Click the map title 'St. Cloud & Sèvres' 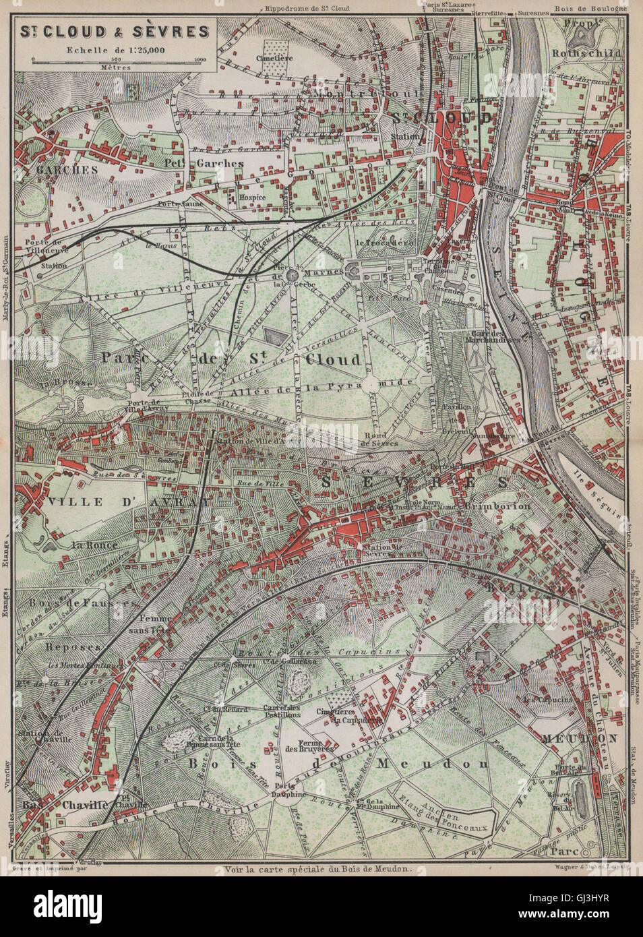click(114, 30)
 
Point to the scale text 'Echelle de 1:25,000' click(114, 49)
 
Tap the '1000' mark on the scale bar click(199, 61)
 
